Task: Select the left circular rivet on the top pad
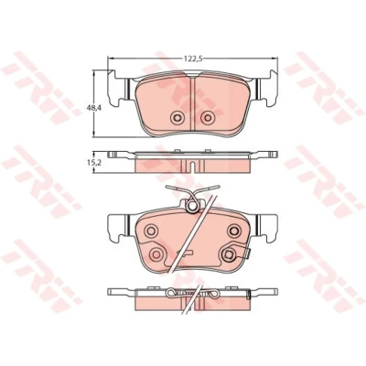coord(178,117)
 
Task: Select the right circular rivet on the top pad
coord(208,117)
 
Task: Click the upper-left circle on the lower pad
coord(151,231)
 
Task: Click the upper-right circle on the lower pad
coord(234,230)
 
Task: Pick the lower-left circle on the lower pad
coord(156,253)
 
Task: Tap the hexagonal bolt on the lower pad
coord(229,253)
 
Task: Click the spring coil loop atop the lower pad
coord(192,206)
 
